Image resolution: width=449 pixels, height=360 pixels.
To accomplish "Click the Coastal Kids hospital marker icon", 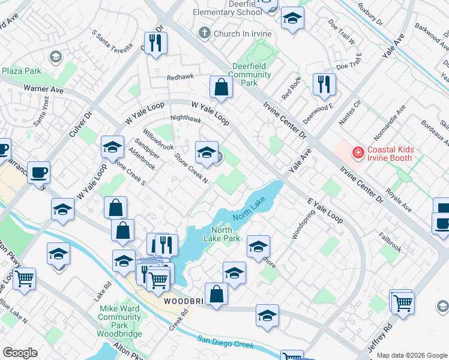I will [358, 153].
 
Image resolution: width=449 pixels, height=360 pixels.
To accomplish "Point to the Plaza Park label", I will [21, 71].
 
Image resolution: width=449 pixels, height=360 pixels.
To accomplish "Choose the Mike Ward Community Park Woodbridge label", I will [119, 321].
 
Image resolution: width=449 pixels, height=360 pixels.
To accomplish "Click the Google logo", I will [20, 353].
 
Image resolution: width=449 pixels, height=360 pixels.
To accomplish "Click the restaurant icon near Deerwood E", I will [324, 83].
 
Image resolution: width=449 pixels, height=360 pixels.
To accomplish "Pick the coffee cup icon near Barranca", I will [38, 172].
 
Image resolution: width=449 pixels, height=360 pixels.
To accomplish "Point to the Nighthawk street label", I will [185, 119].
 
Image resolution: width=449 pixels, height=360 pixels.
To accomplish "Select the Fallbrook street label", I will [390, 242].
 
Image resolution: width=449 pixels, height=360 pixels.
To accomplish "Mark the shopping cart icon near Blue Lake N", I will [24, 278].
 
